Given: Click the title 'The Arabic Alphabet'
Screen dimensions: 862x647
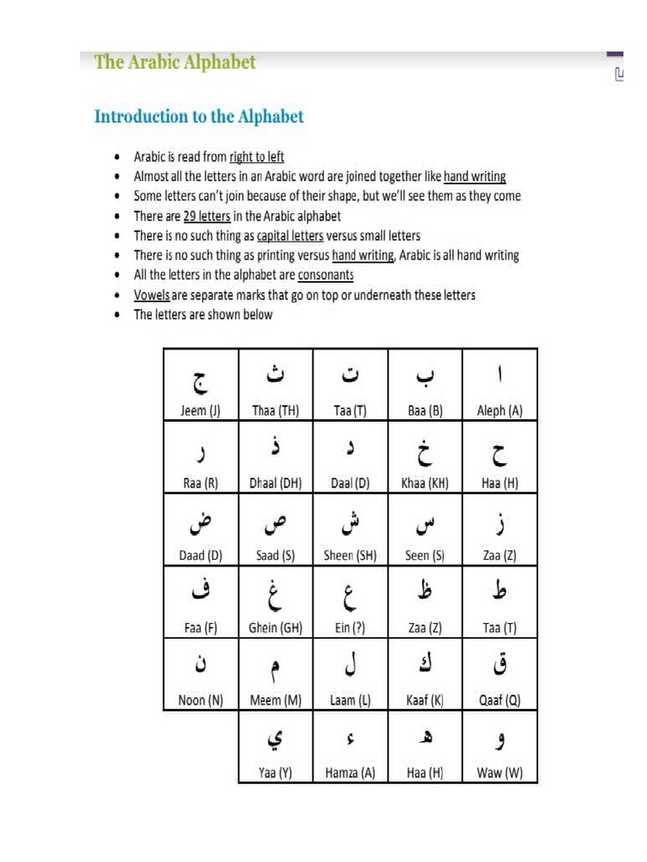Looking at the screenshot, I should [x=175, y=62].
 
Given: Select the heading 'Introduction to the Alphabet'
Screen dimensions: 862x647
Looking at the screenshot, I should [x=199, y=116].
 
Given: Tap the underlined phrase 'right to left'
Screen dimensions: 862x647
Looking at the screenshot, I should [x=257, y=157].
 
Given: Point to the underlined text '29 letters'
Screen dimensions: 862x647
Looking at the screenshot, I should [x=206, y=216].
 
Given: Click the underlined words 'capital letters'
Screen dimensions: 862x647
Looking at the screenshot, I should [x=290, y=236].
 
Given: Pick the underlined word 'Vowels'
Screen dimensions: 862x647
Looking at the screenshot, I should [x=152, y=295].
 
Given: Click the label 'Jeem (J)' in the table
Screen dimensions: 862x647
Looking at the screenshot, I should [x=201, y=411].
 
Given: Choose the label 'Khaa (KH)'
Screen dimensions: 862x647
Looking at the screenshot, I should [x=425, y=483].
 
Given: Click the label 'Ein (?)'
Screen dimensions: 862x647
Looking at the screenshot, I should [x=350, y=627].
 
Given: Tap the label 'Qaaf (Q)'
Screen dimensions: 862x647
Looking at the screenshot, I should [x=500, y=700].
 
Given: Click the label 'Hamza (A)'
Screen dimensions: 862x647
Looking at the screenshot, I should [x=350, y=772].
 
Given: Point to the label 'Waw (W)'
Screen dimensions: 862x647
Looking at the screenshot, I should [x=500, y=772].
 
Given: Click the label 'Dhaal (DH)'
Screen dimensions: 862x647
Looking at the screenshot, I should [x=275, y=483].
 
